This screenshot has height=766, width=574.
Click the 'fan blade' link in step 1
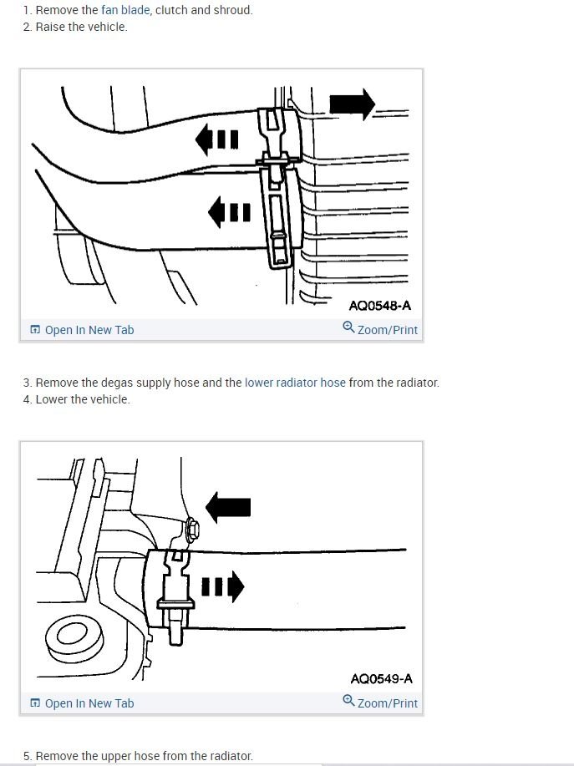[x=125, y=10]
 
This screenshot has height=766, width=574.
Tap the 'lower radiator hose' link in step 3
[x=295, y=383]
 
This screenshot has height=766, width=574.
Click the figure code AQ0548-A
[x=380, y=306]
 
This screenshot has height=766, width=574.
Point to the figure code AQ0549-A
[x=381, y=679]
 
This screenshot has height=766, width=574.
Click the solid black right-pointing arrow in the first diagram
[x=352, y=104]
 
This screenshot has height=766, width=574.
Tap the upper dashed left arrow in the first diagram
[x=216, y=139]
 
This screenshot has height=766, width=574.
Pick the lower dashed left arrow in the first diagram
[x=228, y=212]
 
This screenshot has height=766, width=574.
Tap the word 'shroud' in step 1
[x=233, y=10]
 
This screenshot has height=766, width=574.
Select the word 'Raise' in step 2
[x=51, y=27]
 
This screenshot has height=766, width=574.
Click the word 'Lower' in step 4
[x=53, y=399]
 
